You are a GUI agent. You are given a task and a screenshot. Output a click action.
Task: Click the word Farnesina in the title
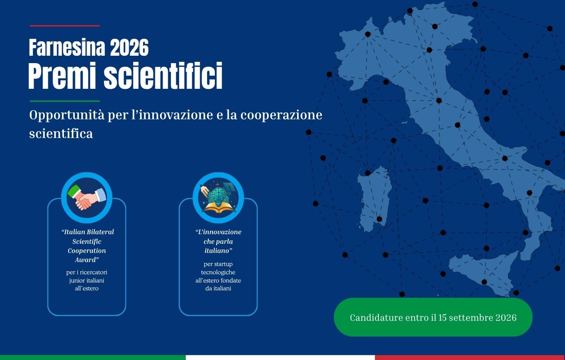coord(67,47)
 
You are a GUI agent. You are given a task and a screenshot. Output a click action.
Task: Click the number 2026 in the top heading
coord(129,47)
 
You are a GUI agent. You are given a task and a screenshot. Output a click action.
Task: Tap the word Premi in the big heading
coord(62,76)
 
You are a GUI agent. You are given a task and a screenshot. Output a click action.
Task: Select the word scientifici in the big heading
coord(163,76)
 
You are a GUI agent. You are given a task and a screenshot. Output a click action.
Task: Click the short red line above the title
coord(64,26)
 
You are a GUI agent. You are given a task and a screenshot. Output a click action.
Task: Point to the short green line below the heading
coord(64,101)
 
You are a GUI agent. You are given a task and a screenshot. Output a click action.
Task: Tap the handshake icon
coord(87,198)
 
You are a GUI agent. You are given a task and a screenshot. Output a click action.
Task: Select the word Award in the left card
coord(87,260)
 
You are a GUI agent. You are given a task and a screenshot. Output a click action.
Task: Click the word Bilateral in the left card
coord(100,232)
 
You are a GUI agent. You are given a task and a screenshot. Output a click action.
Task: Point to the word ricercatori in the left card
coord(94,273)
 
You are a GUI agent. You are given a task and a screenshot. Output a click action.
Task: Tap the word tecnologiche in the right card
coord(218,273)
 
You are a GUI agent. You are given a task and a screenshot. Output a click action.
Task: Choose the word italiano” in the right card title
coord(218,251)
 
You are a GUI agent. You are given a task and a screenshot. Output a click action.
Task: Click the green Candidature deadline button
coord(433,317)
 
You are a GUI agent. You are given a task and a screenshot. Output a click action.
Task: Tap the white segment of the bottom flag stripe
coord(280,357)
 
